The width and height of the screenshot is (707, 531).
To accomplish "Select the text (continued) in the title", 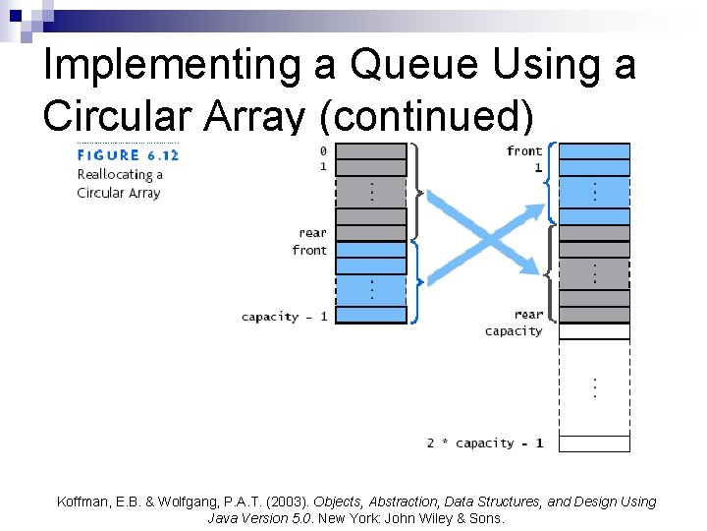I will tap(427, 117).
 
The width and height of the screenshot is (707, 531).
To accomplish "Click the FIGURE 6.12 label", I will tap(128, 154).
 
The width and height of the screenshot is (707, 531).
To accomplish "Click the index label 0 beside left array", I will tap(323, 150).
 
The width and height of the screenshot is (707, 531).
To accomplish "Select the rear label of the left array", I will tap(312, 233).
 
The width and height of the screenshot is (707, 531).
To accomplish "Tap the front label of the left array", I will tap(309, 250).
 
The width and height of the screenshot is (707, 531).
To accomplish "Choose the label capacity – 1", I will tap(284, 316).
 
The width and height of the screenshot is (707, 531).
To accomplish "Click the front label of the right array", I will tap(524, 150).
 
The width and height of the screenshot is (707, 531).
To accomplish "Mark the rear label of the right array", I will tap(528, 315).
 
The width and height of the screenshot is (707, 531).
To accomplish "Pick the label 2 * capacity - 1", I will tap(485, 443).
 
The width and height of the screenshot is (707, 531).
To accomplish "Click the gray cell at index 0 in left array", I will tap(372, 151).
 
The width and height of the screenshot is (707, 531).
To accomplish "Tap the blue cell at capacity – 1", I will tap(372, 316).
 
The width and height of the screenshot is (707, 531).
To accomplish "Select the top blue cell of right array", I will tap(594, 151).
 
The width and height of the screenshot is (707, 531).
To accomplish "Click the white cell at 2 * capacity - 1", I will tap(594, 443).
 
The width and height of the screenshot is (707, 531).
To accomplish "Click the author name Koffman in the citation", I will tap(85, 501).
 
